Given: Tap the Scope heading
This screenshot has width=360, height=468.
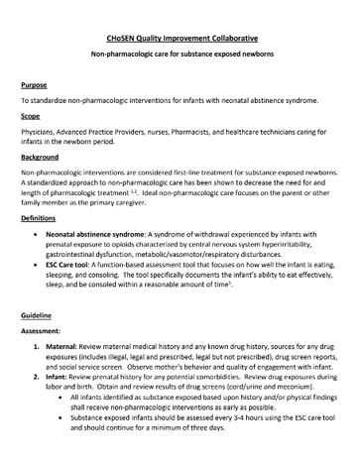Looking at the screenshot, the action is click(x=33, y=117).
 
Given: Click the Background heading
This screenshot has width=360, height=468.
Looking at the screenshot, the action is click(x=44, y=159).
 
